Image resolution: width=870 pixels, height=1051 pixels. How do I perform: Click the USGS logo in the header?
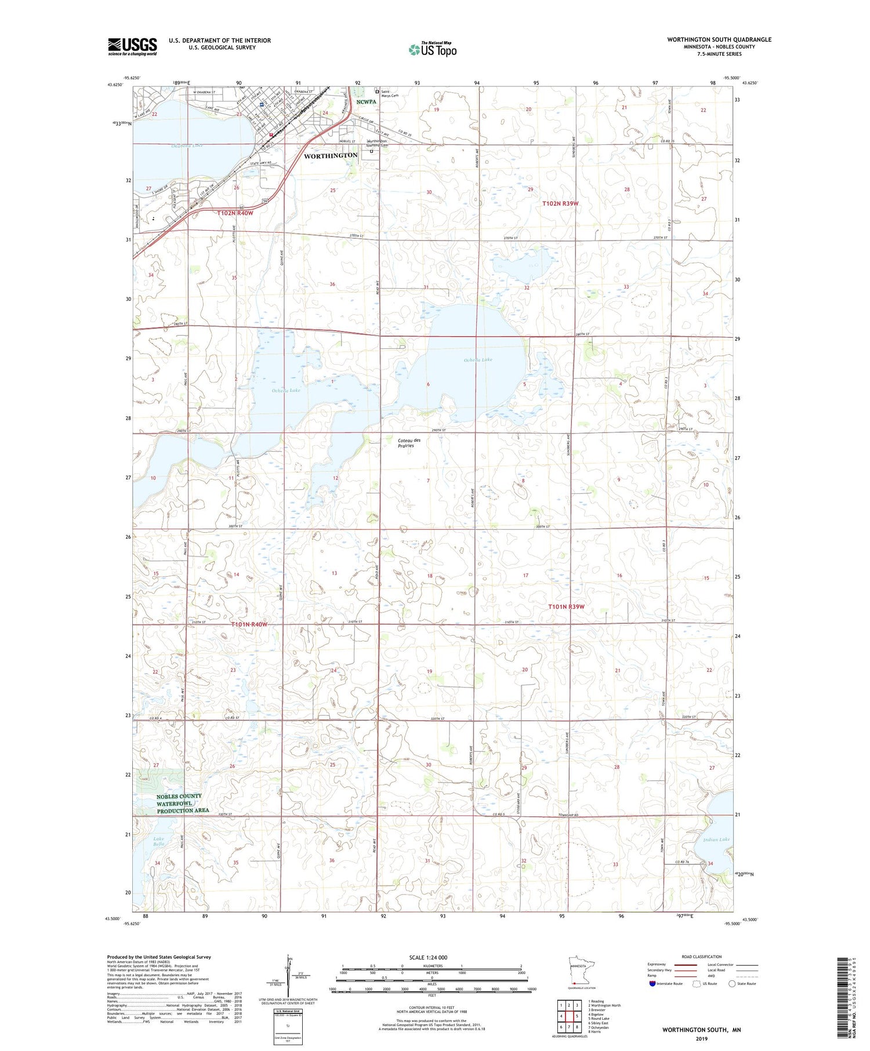pyautogui.click(x=132, y=46)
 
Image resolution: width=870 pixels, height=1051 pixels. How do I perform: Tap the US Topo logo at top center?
pyautogui.click(x=433, y=49)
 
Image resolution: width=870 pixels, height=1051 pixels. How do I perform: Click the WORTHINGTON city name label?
pyautogui.click(x=331, y=155)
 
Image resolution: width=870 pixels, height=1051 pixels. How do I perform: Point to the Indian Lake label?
pyautogui.click(x=716, y=839)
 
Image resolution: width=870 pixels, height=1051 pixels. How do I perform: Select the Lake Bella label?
pyautogui.click(x=158, y=841)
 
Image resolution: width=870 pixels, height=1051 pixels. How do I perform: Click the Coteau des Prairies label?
pyautogui.click(x=409, y=443)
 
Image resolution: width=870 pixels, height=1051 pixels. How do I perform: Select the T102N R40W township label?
pyautogui.click(x=235, y=213)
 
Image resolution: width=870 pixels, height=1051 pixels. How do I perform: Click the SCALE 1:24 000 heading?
pyautogui.click(x=428, y=957)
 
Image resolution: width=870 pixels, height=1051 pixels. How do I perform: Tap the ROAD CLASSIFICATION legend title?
pyautogui.click(x=702, y=957)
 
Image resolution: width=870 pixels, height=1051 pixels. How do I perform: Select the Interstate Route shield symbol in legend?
pyautogui.click(x=652, y=983)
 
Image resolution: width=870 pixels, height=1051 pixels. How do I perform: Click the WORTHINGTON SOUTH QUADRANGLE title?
pyautogui.click(x=719, y=39)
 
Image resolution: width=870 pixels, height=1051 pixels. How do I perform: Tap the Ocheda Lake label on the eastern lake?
pyautogui.click(x=478, y=359)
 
